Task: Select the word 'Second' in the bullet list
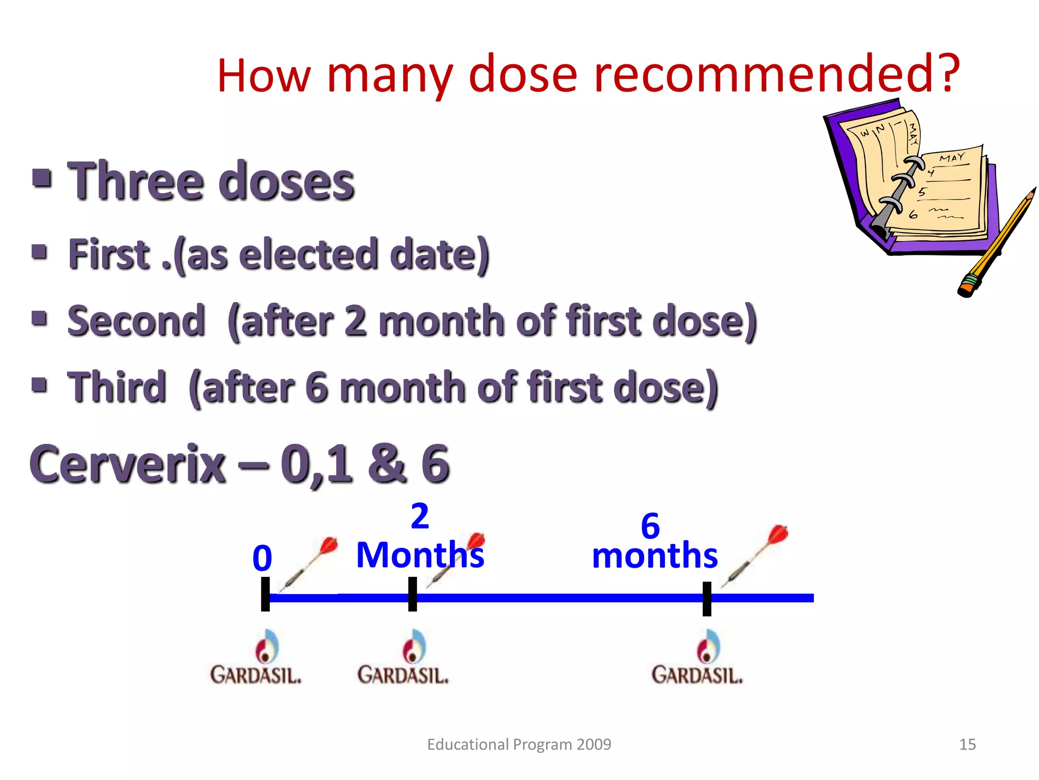[x=136, y=321]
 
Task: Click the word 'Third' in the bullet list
[x=117, y=387]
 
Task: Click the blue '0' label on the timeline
[x=262, y=559]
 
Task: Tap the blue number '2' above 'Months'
[x=420, y=516]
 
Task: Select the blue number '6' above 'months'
[x=650, y=526]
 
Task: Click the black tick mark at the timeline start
[x=265, y=594]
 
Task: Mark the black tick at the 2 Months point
[x=412, y=594]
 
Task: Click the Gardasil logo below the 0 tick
[x=256, y=658]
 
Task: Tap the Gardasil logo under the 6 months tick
[x=697, y=658]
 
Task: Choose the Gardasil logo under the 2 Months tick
[x=403, y=658]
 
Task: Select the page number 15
[x=967, y=744]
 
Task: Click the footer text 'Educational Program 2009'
[x=519, y=744]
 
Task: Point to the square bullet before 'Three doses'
[x=42, y=178]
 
